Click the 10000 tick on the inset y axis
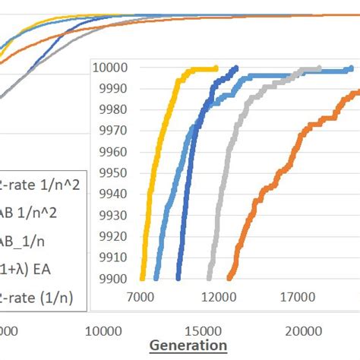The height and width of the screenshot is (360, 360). click(x=111, y=68)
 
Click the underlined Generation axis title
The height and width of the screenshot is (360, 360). click(x=188, y=346)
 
